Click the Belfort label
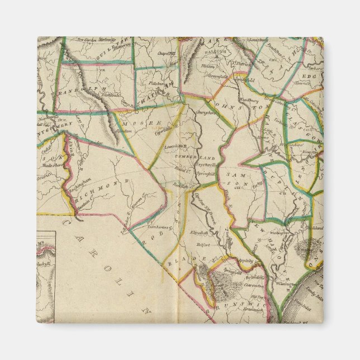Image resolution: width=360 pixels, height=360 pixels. coord(202,244)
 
